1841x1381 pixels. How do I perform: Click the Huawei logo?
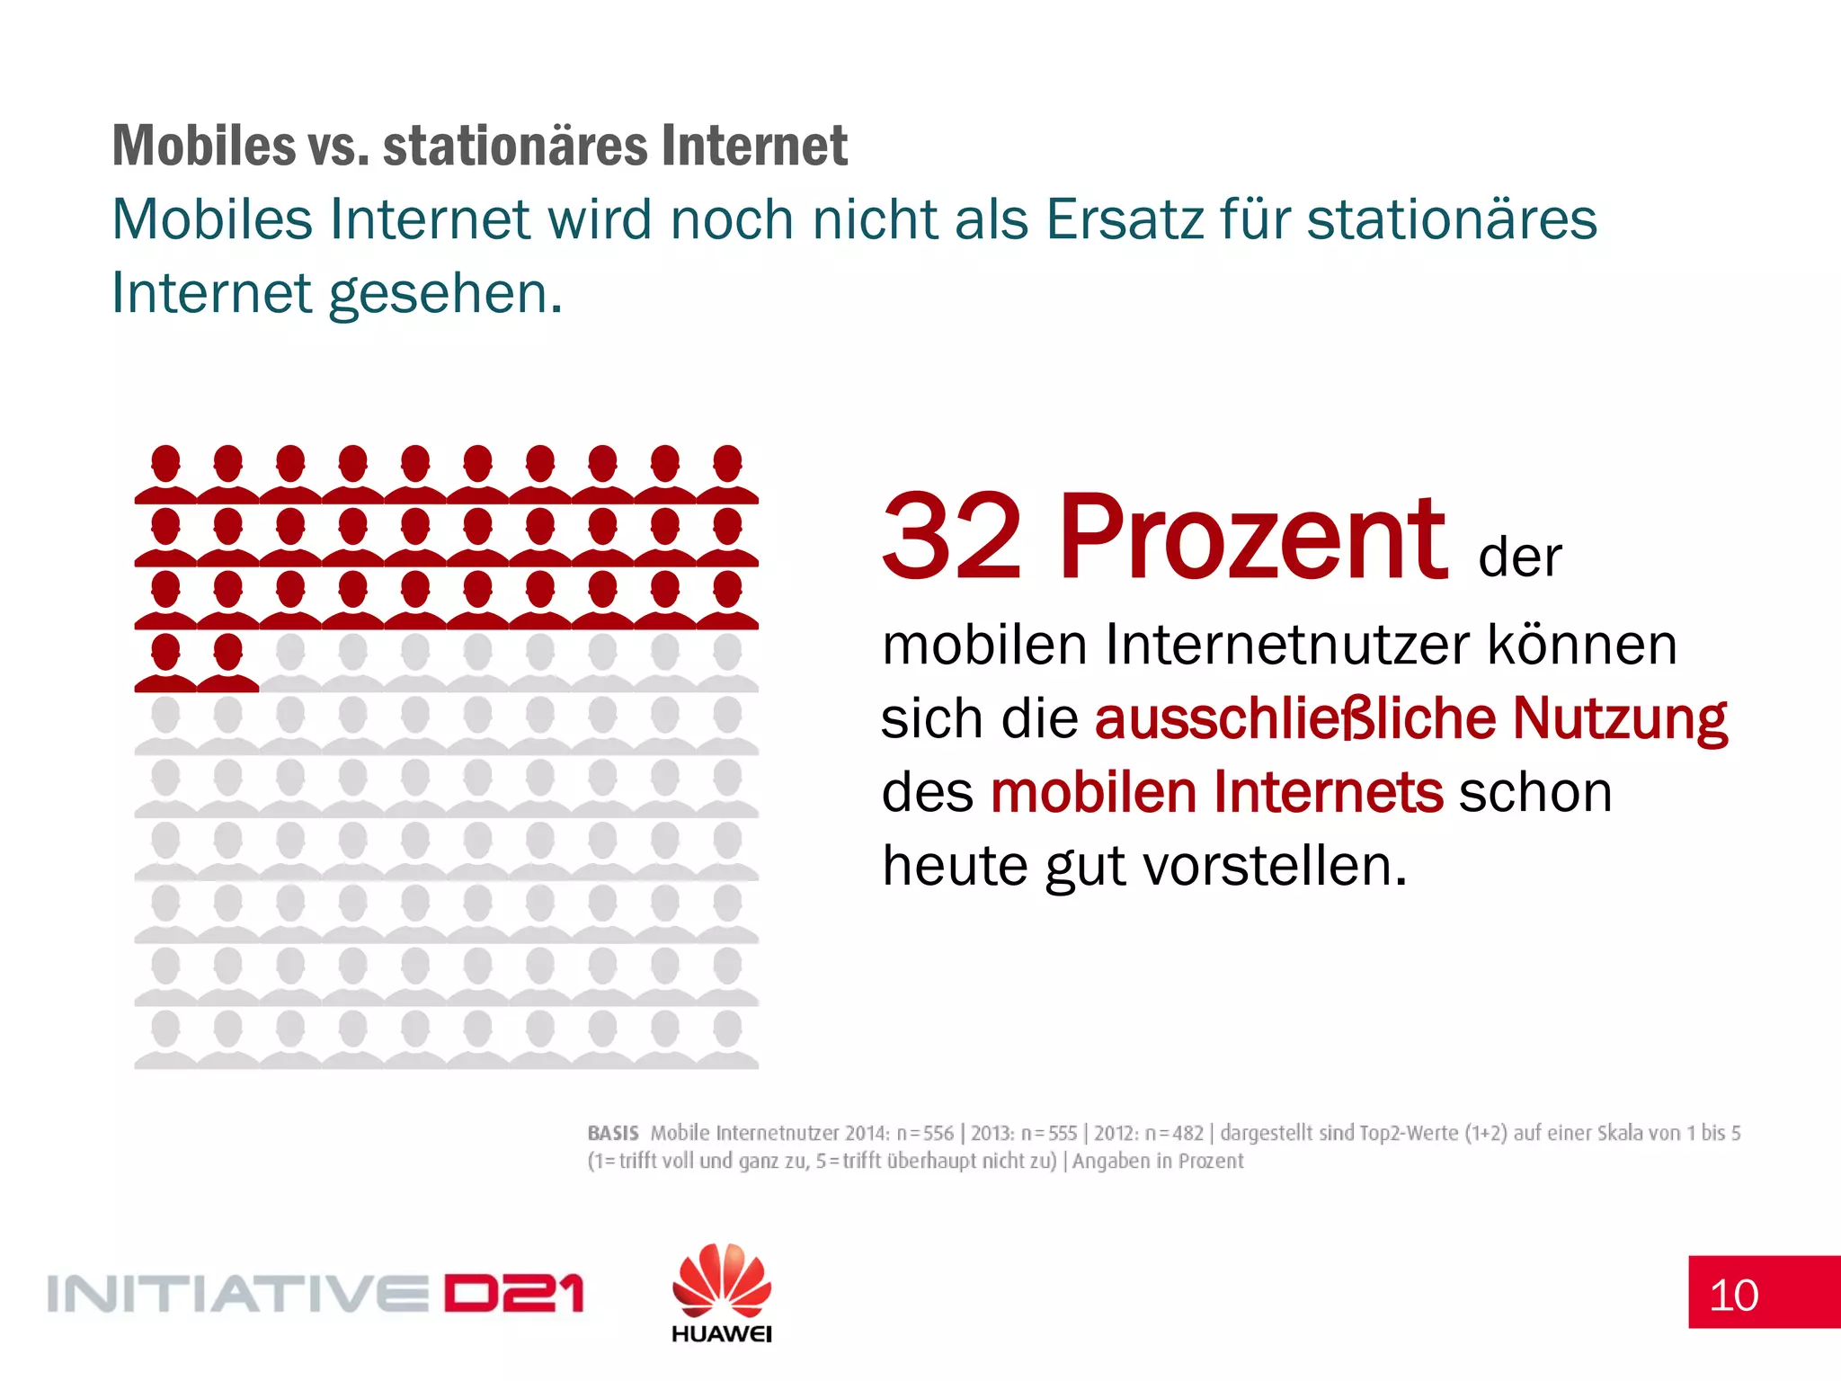point(721,1293)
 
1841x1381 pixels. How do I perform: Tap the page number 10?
point(1733,1296)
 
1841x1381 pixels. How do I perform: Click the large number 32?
point(952,537)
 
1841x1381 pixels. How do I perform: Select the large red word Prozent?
point(1252,537)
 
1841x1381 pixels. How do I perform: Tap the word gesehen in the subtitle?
point(438,294)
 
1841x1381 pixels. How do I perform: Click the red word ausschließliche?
point(1295,718)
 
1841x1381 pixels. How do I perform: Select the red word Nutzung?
point(1619,718)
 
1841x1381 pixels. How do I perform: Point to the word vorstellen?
point(1274,866)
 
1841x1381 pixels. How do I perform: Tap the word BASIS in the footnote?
point(613,1133)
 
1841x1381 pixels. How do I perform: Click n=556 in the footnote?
point(924,1133)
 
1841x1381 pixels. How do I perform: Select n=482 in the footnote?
point(1173,1133)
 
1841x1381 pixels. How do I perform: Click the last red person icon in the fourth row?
point(228,663)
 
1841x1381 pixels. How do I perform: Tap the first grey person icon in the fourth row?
point(290,663)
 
